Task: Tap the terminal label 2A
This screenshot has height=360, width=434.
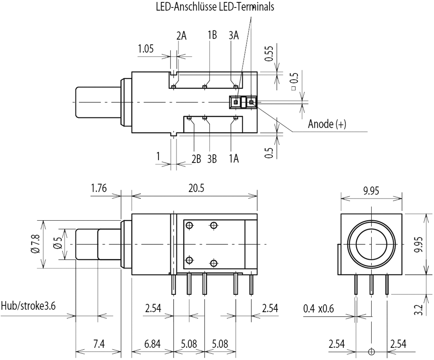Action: (x=181, y=36)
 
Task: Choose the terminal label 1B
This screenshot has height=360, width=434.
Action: (x=212, y=36)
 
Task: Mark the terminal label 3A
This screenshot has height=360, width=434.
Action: (x=234, y=36)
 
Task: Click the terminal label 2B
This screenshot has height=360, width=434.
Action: (x=196, y=159)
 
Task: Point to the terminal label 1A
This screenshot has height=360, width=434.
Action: (x=234, y=159)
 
